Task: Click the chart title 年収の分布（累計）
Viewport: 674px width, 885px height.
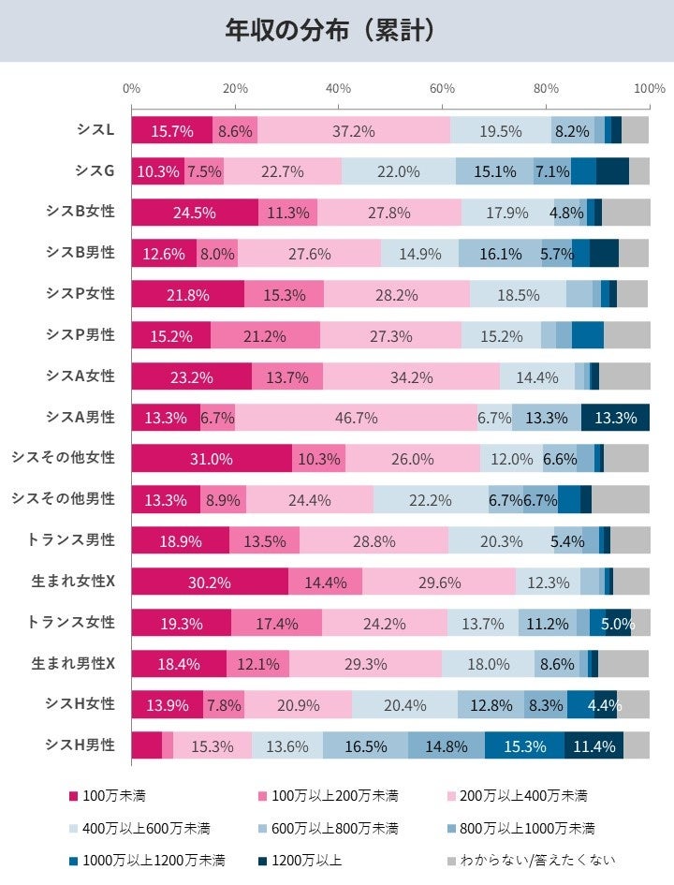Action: click(x=330, y=31)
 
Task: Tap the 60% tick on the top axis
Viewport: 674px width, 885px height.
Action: click(x=442, y=89)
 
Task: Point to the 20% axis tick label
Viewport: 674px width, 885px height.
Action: click(x=235, y=89)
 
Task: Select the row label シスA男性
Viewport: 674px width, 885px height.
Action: click(x=81, y=417)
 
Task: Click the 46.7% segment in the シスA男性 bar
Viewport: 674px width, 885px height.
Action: click(x=355, y=418)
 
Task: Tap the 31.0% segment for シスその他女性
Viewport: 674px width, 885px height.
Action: click(x=212, y=459)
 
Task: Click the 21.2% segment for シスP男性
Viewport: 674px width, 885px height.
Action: click(x=286, y=335)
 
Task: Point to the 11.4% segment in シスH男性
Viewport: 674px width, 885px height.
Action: click(x=593, y=745)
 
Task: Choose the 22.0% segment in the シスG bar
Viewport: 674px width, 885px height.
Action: click(x=398, y=172)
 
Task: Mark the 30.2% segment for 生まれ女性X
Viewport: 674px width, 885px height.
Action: click(x=210, y=582)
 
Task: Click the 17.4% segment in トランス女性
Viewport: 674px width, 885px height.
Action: click(x=276, y=623)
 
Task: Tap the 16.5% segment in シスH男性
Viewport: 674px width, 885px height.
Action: click(x=365, y=745)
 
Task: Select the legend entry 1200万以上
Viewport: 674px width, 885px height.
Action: click(x=303, y=859)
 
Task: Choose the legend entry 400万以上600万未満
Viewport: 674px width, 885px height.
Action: click(x=139, y=828)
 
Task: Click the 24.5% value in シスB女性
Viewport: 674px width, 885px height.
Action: click(x=195, y=213)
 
